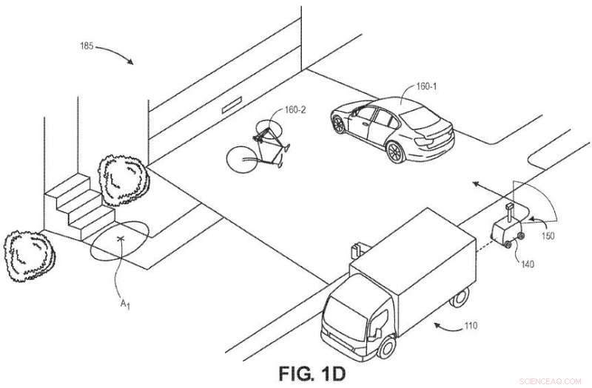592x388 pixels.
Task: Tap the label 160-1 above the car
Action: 426,86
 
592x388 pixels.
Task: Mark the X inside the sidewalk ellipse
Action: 121,239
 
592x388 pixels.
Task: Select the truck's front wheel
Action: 386,346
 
